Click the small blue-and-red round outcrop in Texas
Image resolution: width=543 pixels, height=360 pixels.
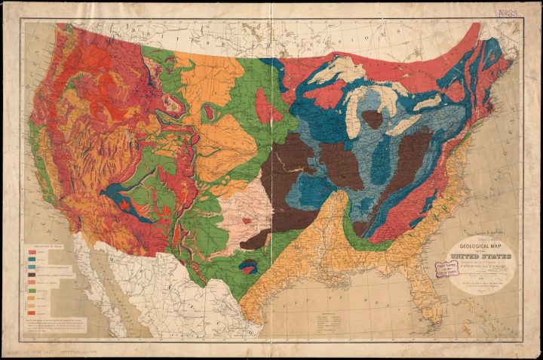247,265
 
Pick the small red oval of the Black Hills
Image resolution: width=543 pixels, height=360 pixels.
207,112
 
